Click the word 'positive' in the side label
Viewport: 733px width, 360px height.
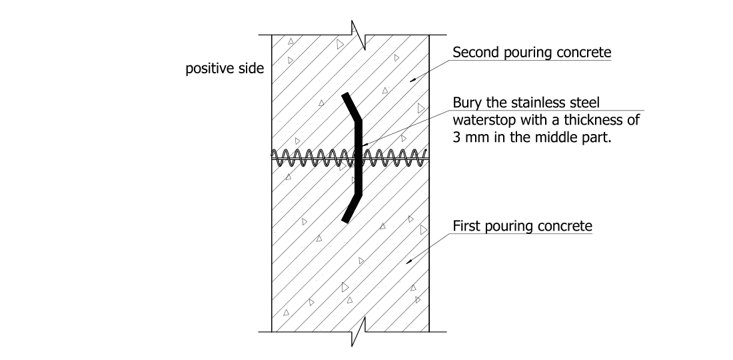pyautogui.click(x=207, y=69)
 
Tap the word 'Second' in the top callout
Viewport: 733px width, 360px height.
pyautogui.click(x=474, y=53)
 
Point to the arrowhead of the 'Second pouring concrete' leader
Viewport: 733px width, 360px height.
pyautogui.click(x=411, y=80)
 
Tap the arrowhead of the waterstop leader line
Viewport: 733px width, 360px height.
pyautogui.click(x=363, y=145)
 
